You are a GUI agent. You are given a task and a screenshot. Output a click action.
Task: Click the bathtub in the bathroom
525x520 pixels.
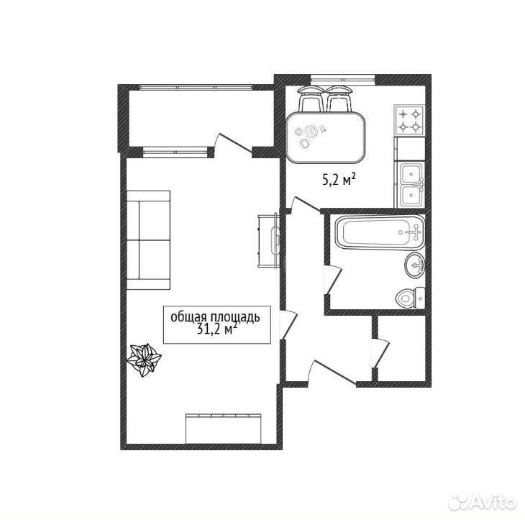click(380, 232)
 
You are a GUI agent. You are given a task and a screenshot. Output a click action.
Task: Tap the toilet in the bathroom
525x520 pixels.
click(410, 298)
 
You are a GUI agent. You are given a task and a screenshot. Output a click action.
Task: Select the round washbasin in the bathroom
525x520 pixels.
click(415, 265)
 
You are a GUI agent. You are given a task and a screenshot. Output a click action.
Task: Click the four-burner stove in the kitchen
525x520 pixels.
click(410, 121)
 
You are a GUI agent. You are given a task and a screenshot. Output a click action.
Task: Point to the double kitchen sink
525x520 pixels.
click(410, 185)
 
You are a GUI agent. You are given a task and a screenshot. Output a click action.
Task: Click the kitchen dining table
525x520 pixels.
click(325, 137)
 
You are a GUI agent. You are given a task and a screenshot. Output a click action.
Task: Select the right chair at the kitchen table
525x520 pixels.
click(339, 99)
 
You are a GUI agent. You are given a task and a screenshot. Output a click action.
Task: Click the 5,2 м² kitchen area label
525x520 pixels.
click(339, 181)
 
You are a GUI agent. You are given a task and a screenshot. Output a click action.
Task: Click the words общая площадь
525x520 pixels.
click(215, 317)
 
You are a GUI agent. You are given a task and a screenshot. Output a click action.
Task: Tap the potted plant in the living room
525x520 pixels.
click(144, 360)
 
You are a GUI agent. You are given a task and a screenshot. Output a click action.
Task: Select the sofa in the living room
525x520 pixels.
click(149, 240)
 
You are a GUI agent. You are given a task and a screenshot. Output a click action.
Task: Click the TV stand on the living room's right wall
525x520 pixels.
click(268, 240)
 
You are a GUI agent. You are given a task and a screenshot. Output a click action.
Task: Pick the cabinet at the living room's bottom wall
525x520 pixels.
click(224, 429)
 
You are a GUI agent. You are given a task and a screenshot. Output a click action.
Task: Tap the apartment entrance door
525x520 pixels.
click(332, 373)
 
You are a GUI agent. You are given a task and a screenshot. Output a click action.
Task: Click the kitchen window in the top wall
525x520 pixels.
click(342, 79)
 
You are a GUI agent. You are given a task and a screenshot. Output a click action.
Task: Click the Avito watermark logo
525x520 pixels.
click(482, 501)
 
